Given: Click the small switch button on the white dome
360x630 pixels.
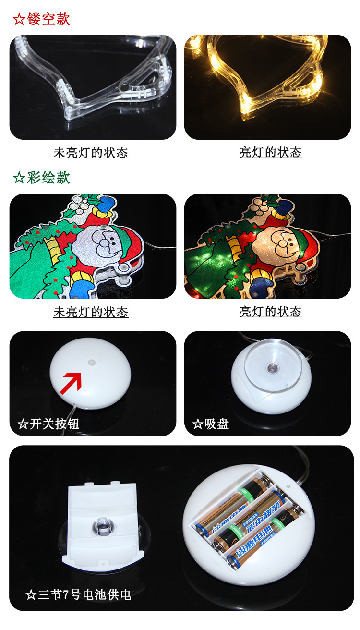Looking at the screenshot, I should click(91, 360).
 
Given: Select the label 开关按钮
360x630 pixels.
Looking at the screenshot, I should click(54, 424).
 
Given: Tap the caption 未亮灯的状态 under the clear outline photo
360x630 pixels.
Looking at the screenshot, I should click(91, 153).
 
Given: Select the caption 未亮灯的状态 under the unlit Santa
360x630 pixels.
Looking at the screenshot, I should click(91, 312).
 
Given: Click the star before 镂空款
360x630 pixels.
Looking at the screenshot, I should click(19, 20).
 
